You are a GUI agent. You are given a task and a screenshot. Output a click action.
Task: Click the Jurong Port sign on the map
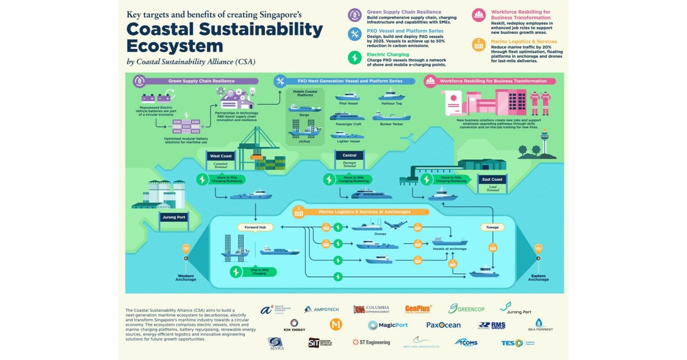(174, 217)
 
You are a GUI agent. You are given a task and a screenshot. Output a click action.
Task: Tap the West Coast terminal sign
(221, 159)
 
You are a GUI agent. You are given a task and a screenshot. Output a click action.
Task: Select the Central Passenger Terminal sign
(350, 158)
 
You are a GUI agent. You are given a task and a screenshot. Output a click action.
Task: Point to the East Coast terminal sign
(492, 182)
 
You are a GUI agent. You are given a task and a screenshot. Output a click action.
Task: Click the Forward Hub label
(255, 227)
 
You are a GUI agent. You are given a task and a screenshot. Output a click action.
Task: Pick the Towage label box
(492, 227)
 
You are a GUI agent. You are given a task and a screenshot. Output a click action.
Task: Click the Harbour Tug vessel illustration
(391, 96)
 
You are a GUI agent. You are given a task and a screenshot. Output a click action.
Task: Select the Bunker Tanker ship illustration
(391, 116)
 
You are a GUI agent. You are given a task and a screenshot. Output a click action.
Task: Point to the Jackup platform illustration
(304, 129)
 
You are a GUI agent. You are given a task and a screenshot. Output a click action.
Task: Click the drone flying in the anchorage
(396, 224)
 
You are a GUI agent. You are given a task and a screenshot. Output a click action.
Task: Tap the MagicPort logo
(388, 325)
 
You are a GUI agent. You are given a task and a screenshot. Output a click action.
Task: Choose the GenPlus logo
(418, 309)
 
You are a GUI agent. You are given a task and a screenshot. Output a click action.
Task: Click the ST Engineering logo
(371, 342)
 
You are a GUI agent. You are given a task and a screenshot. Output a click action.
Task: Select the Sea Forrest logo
(540, 325)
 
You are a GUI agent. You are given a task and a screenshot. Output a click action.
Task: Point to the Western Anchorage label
(186, 278)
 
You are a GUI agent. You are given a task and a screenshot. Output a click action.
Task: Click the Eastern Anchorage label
(538, 278)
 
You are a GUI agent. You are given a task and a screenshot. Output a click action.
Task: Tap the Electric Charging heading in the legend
(387, 55)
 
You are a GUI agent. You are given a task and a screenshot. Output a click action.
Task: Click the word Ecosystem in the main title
(174, 46)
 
